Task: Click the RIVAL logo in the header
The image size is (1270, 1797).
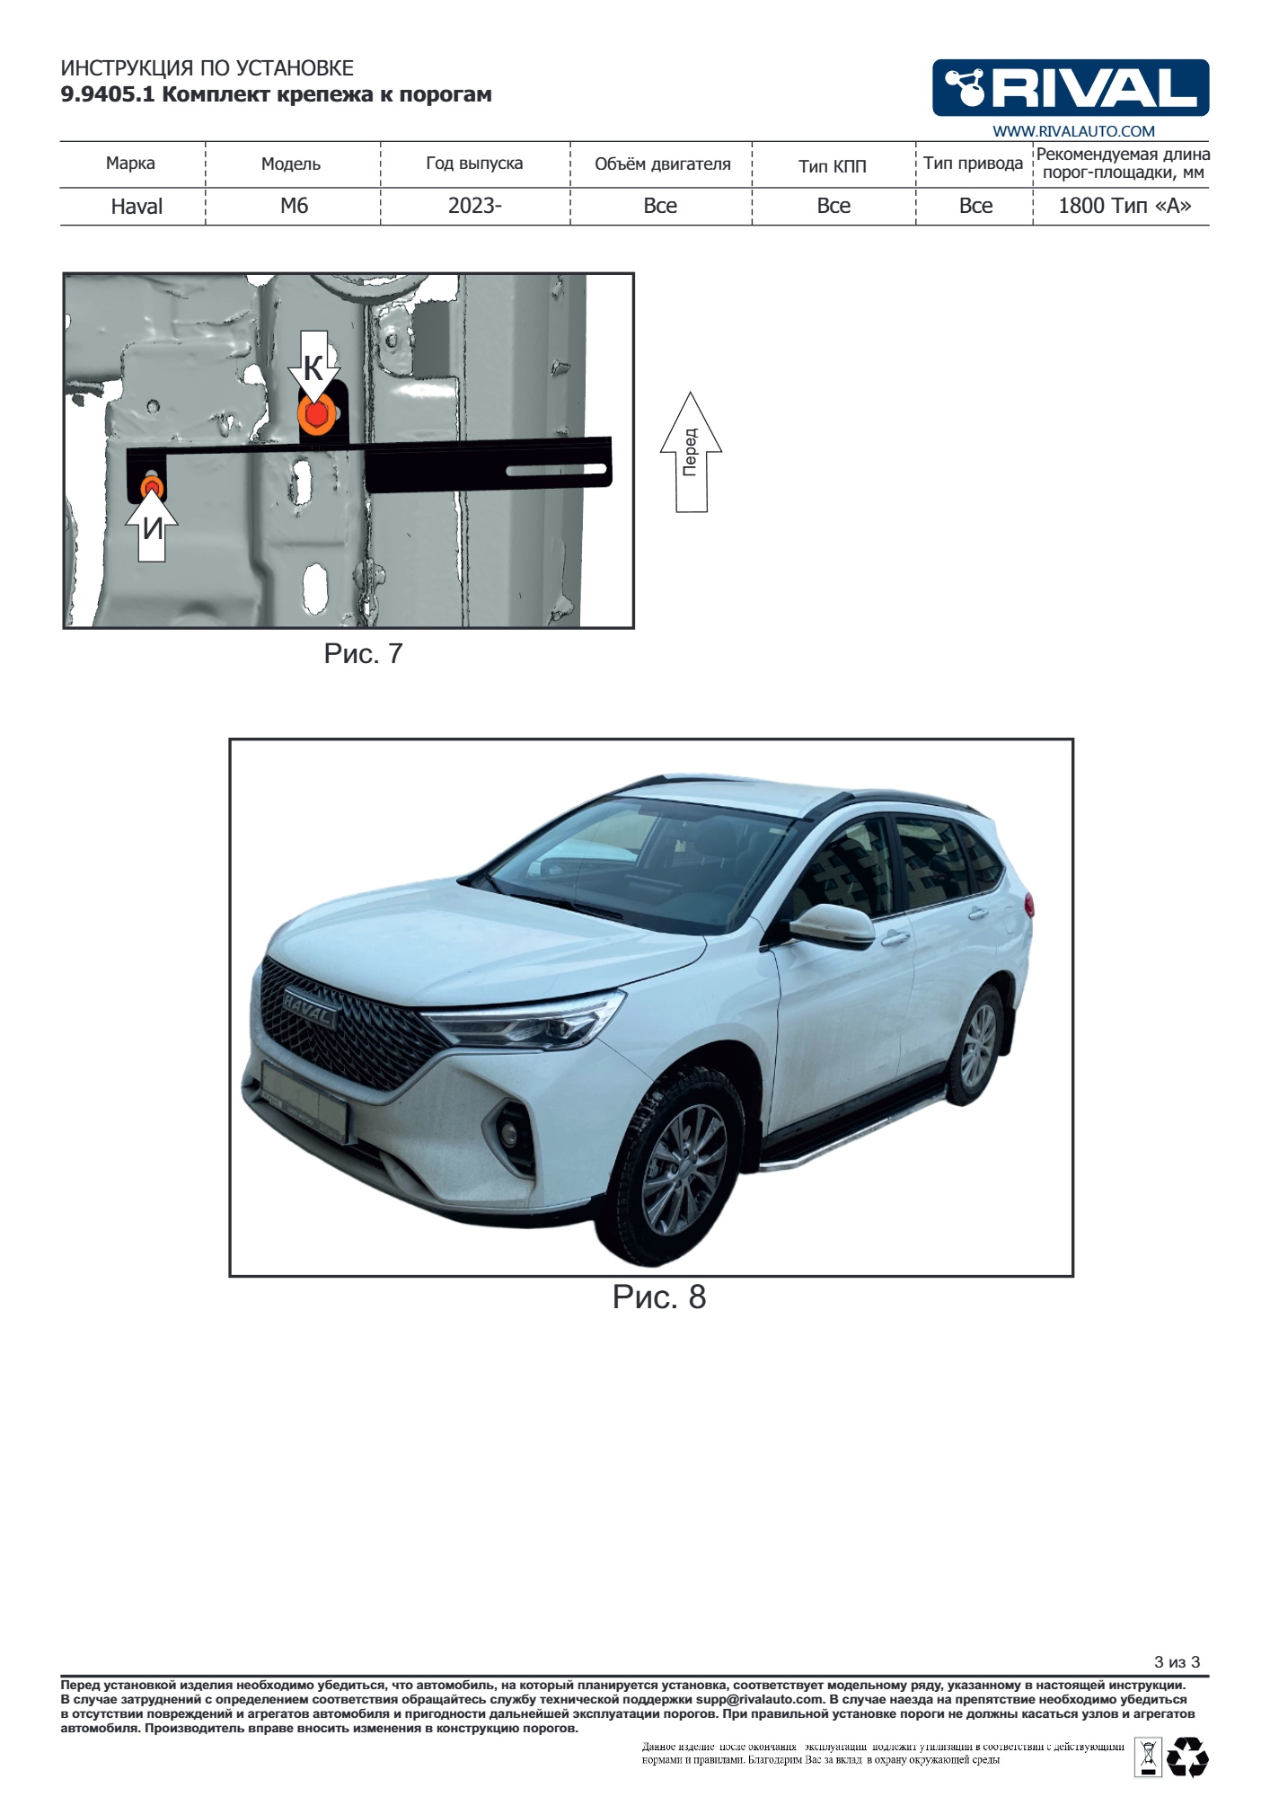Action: pyautogui.click(x=1071, y=88)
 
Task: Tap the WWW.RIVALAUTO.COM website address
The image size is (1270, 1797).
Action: pyautogui.click(x=1073, y=131)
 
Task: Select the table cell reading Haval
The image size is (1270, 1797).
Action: pyautogui.click(x=137, y=207)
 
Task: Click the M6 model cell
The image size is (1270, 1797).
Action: pyautogui.click(x=294, y=206)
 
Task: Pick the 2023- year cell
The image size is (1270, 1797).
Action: pyautogui.click(x=475, y=206)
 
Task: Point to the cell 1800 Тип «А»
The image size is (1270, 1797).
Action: pyautogui.click(x=1124, y=206)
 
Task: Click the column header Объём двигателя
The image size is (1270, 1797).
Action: pyautogui.click(x=663, y=164)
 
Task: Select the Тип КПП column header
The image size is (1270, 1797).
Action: pyautogui.click(x=833, y=165)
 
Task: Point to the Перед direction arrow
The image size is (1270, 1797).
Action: pyautogui.click(x=691, y=452)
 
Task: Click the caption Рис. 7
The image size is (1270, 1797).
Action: pyautogui.click(x=363, y=654)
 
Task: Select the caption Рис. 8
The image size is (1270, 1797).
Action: pyautogui.click(x=659, y=1297)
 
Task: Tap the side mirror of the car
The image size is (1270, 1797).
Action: pyautogui.click(x=831, y=925)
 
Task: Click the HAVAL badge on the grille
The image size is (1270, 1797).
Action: pyautogui.click(x=310, y=1008)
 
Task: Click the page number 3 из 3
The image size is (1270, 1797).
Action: pyautogui.click(x=1177, y=1662)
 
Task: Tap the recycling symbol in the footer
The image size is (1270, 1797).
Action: pyautogui.click(x=1187, y=1757)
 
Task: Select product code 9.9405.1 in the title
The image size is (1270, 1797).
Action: pyautogui.click(x=108, y=94)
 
